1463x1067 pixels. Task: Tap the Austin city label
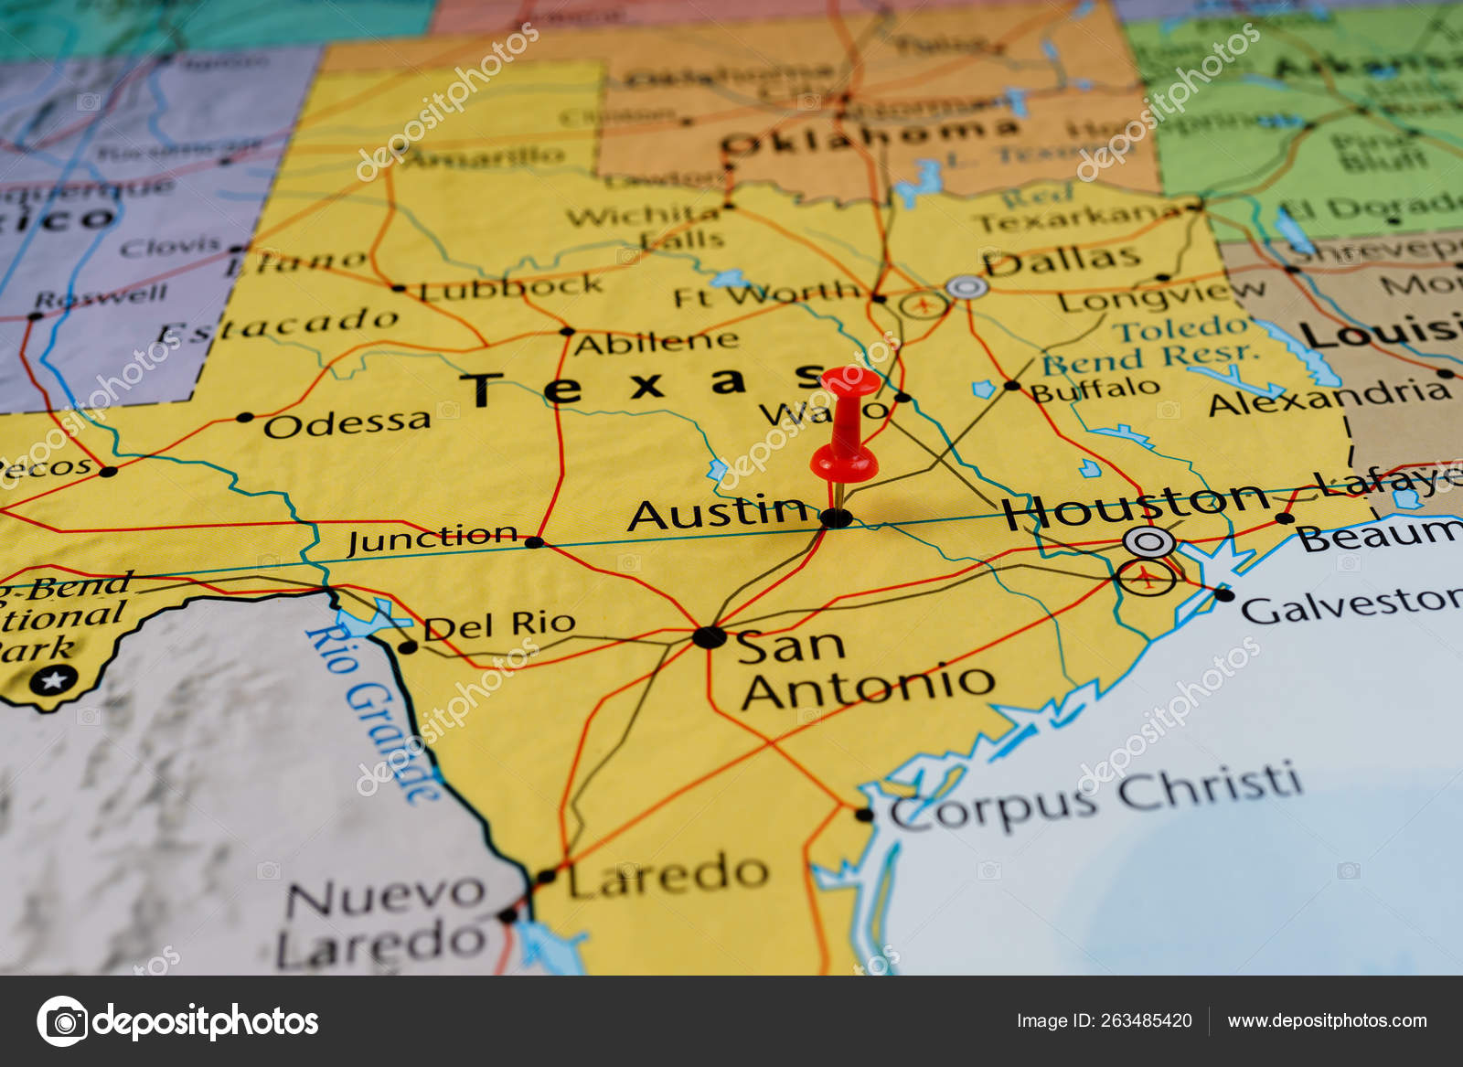pyautogui.click(x=718, y=513)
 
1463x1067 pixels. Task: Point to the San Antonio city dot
pyautogui.click(x=709, y=636)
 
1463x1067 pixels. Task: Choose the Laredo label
pyautogui.click(x=667, y=875)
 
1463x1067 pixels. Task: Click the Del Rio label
pyautogui.click(x=499, y=626)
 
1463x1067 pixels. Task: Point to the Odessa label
pyautogui.click(x=347, y=423)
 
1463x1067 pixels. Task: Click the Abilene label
pyautogui.click(x=656, y=342)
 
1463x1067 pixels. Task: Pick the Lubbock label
pyautogui.click(x=511, y=289)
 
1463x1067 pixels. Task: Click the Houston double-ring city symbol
pyautogui.click(x=1148, y=542)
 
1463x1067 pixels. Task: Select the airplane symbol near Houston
pyautogui.click(x=1145, y=577)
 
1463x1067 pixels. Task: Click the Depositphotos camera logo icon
pyautogui.click(x=62, y=1021)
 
